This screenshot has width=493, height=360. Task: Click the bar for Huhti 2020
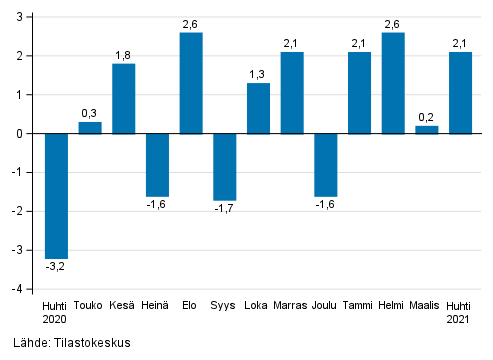click(x=56, y=195)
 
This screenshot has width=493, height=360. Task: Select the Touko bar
click(x=90, y=127)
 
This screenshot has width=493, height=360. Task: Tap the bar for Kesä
click(x=124, y=98)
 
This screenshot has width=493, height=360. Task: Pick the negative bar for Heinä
click(x=157, y=164)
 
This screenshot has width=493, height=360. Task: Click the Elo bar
click(x=191, y=83)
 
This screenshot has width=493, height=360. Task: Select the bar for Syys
click(x=225, y=166)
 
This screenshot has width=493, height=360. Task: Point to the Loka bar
click(x=258, y=108)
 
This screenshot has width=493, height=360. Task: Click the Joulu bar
click(x=325, y=164)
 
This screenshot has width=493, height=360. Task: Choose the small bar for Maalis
click(x=426, y=129)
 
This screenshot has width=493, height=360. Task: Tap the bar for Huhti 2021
click(x=460, y=92)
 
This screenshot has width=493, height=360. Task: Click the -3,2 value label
click(x=56, y=267)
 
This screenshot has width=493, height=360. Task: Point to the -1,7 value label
click(x=225, y=209)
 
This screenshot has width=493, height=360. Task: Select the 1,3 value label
click(x=258, y=74)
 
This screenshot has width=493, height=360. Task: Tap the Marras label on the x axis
click(x=292, y=305)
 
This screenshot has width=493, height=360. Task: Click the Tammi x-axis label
click(x=359, y=305)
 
